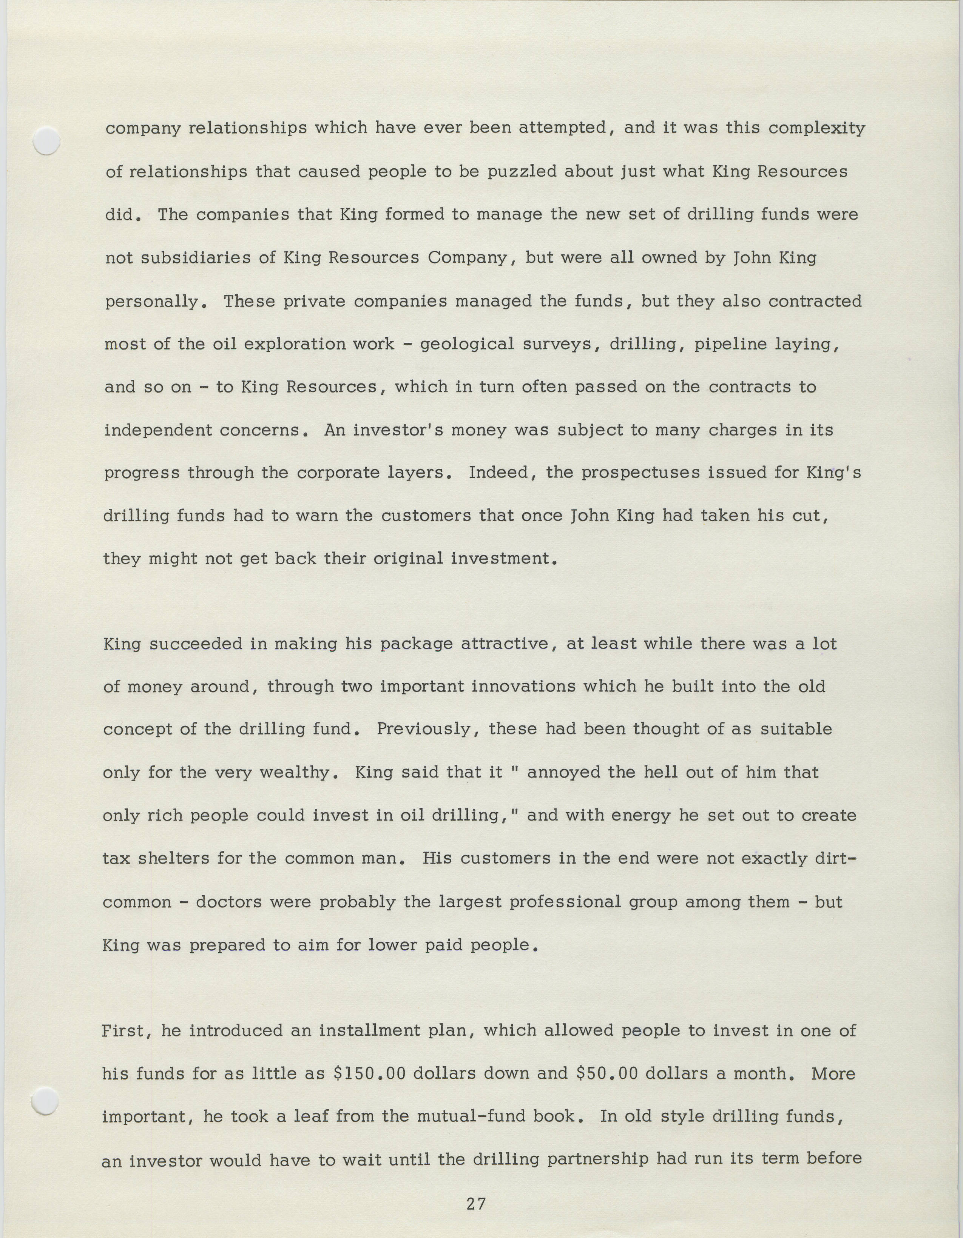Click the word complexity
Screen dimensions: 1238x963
click(817, 129)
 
